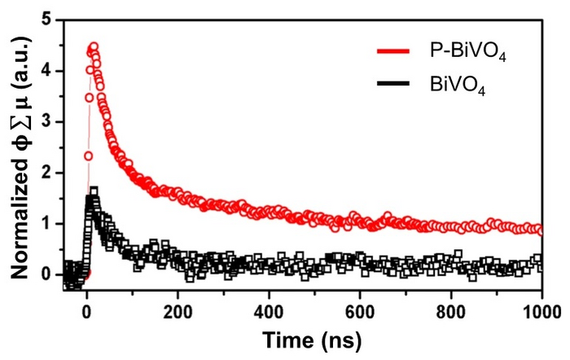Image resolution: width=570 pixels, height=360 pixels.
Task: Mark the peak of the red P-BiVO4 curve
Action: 94,46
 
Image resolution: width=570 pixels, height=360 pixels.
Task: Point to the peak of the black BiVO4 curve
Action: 94,191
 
